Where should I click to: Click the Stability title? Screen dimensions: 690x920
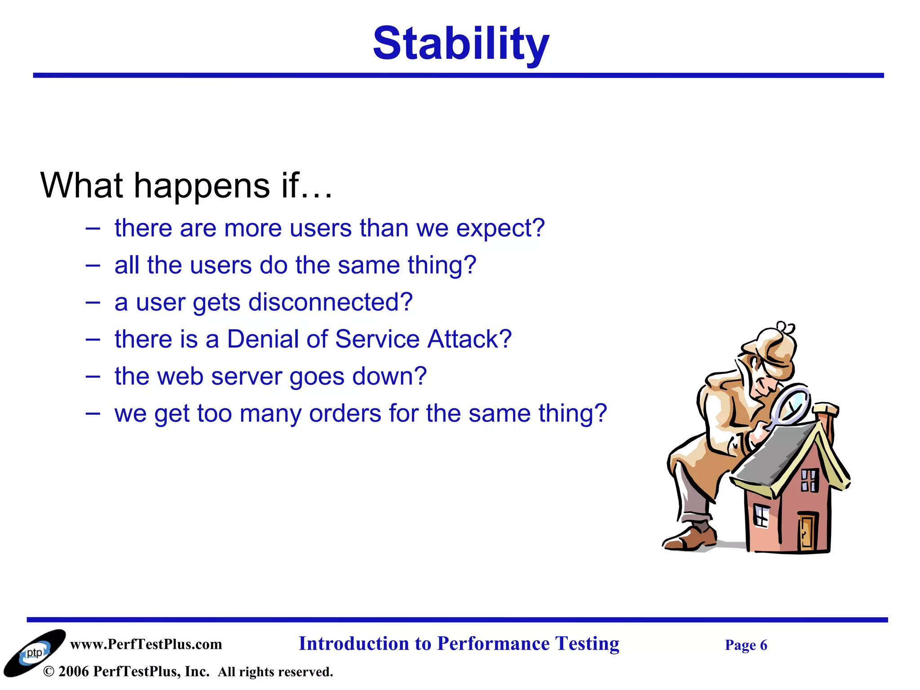461,44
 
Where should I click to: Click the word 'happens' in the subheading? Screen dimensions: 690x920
202,186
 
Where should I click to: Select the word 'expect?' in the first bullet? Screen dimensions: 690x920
500,229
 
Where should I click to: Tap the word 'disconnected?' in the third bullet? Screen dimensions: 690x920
330,302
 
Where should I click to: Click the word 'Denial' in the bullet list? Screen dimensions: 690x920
262,339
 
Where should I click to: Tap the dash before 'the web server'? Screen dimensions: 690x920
93,376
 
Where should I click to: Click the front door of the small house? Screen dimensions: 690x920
806,532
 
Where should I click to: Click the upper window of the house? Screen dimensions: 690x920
809,480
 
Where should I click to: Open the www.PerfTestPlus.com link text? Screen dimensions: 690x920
146,645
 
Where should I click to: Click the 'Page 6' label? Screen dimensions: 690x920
746,646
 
